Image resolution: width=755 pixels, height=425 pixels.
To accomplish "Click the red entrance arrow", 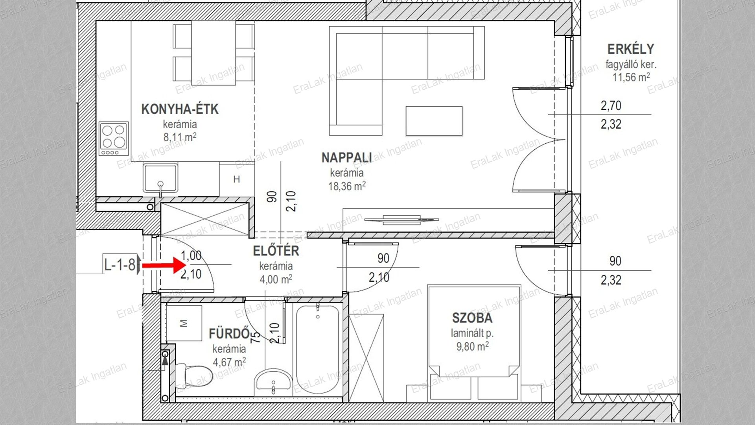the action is pyautogui.click(x=163, y=266).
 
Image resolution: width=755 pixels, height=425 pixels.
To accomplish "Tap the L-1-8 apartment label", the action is pyautogui.click(x=120, y=264).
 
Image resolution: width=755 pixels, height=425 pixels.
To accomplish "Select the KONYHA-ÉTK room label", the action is pyautogui.click(x=180, y=109).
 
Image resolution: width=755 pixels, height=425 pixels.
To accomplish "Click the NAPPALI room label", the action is pyautogui.click(x=346, y=158).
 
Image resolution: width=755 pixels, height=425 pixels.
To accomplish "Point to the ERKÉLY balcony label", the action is pyautogui.click(x=631, y=49).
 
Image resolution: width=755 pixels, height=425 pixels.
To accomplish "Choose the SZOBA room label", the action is pyautogui.click(x=472, y=318).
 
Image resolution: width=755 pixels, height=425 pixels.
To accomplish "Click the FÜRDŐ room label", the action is pyautogui.click(x=229, y=334).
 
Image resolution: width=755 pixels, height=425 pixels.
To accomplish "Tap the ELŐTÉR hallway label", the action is pyautogui.click(x=276, y=251).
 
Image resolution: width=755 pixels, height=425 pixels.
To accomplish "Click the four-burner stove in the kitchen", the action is pyautogui.click(x=114, y=139).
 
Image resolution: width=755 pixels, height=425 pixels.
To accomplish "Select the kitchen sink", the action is pyautogui.click(x=160, y=179).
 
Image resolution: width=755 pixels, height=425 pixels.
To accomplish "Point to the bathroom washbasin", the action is pyautogui.click(x=273, y=381).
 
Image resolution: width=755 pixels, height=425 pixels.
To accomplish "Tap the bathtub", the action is pyautogui.click(x=317, y=349).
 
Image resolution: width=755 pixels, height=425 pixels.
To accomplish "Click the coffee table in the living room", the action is pyautogui.click(x=434, y=121).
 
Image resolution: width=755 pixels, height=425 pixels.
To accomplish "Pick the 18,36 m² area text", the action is pyautogui.click(x=347, y=186).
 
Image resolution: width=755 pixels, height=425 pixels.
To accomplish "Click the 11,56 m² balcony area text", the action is pyautogui.click(x=631, y=77).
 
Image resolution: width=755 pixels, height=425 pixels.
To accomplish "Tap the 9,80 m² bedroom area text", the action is pyautogui.click(x=472, y=346).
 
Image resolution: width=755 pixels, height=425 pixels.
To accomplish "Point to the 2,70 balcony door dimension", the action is pyautogui.click(x=611, y=106).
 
